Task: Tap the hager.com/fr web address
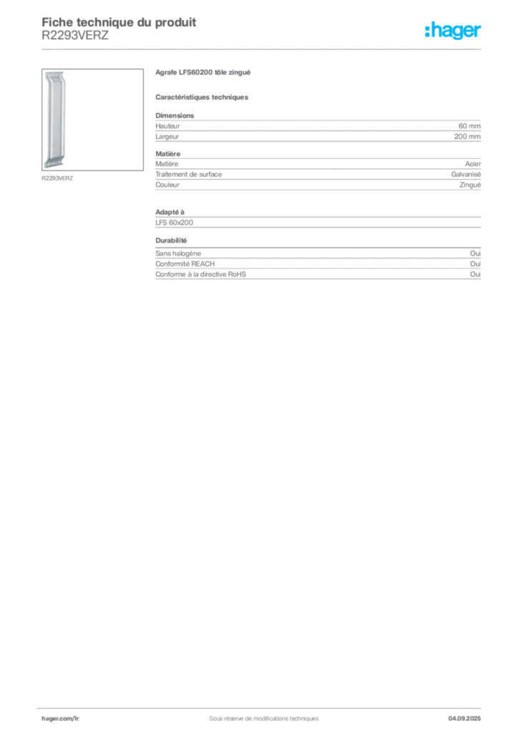(x=61, y=718)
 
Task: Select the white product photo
(x=56, y=119)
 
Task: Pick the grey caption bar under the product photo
(x=57, y=177)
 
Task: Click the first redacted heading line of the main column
(x=202, y=74)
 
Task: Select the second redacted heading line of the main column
(x=202, y=97)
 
